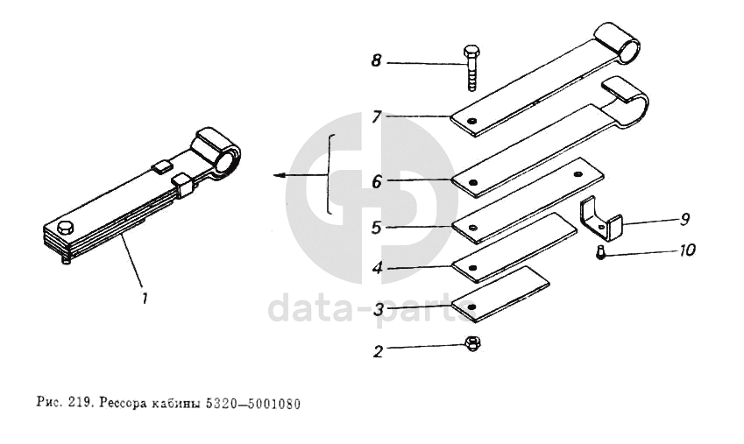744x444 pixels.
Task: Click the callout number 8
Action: (376, 60)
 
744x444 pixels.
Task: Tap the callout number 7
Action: (377, 116)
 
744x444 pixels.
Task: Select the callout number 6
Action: (377, 181)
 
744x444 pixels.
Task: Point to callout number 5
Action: (376, 228)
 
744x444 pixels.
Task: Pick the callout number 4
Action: (377, 269)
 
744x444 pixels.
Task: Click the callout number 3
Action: (378, 310)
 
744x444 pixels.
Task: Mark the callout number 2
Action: (378, 351)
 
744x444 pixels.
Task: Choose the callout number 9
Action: (684, 219)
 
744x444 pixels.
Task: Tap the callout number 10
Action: (687, 250)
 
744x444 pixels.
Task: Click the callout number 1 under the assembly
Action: (145, 299)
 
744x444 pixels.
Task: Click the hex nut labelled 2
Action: (472, 343)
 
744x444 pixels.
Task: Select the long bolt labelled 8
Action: (471, 67)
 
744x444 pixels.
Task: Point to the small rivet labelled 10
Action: (600, 251)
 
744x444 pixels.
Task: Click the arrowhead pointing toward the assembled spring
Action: (279, 175)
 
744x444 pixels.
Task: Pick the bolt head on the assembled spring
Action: (66, 228)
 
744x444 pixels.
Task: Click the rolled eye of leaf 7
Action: (618, 43)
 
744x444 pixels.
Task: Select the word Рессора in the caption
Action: (121, 404)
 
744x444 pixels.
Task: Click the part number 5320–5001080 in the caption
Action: (253, 404)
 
